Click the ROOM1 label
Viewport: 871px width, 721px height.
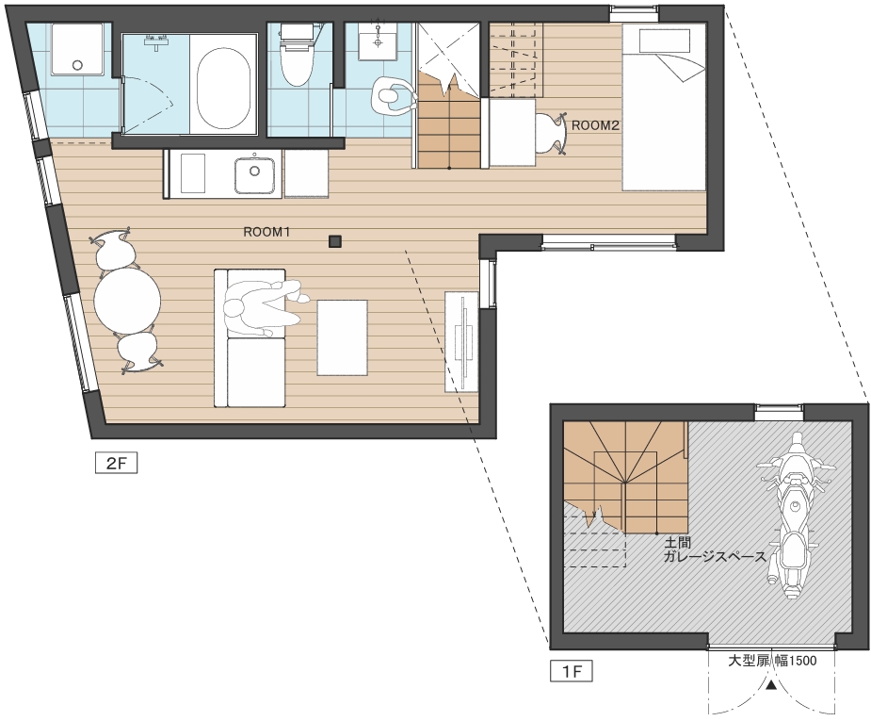click(x=266, y=232)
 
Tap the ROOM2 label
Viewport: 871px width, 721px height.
click(x=595, y=125)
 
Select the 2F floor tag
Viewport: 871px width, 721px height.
click(x=116, y=463)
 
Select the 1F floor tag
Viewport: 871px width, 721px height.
click(x=571, y=671)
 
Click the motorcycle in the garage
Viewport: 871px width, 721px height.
click(x=795, y=515)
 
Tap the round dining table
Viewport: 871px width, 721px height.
click(x=127, y=301)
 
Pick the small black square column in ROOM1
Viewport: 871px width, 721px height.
click(x=335, y=241)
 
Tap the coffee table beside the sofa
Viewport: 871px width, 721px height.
click(x=342, y=337)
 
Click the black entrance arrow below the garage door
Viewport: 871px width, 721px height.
click(x=771, y=685)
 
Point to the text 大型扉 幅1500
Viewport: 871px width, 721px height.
click(x=772, y=661)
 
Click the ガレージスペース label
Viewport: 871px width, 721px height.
click(x=715, y=556)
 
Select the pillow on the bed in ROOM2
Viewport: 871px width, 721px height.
click(x=665, y=41)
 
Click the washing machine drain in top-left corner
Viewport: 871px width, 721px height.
click(x=77, y=64)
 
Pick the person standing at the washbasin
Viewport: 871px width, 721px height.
click(x=394, y=95)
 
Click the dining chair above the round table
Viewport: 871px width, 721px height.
click(x=114, y=249)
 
